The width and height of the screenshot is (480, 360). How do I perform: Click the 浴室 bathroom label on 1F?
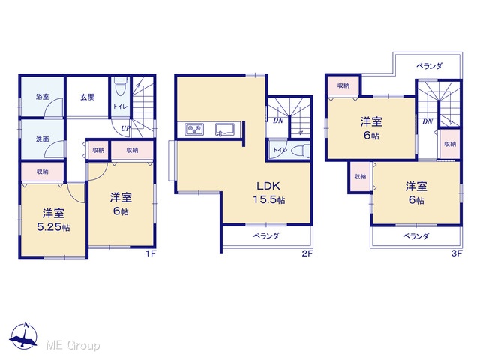tap(42, 97)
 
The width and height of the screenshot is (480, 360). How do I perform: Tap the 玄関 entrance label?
tap(88, 97)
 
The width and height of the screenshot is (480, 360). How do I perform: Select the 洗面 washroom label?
tap(42, 139)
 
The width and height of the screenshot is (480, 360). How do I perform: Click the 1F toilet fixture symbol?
tap(120, 87)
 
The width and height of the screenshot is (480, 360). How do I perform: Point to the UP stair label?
tap(125, 129)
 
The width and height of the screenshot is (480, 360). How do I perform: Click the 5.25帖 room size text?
tap(53, 227)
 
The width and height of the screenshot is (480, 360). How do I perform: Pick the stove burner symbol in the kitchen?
tap(194, 129)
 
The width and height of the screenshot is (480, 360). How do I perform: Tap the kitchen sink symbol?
tap(225, 129)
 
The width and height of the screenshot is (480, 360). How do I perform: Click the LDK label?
tap(268, 186)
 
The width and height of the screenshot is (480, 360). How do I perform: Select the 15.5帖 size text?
tap(269, 200)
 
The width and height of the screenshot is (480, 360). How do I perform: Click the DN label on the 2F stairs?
tap(278, 121)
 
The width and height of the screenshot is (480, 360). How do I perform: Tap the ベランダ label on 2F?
tap(266, 236)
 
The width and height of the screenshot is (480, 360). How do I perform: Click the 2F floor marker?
tap(307, 253)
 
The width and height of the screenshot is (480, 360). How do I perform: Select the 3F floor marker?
tap(457, 253)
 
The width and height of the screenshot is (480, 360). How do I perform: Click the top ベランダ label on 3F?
tap(429, 66)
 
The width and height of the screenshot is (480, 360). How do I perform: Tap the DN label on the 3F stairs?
tap(427, 121)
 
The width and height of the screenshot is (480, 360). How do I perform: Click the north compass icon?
tap(24, 335)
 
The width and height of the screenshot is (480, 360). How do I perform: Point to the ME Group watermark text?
tap(73, 346)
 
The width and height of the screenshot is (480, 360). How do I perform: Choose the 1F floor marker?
tap(151, 253)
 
